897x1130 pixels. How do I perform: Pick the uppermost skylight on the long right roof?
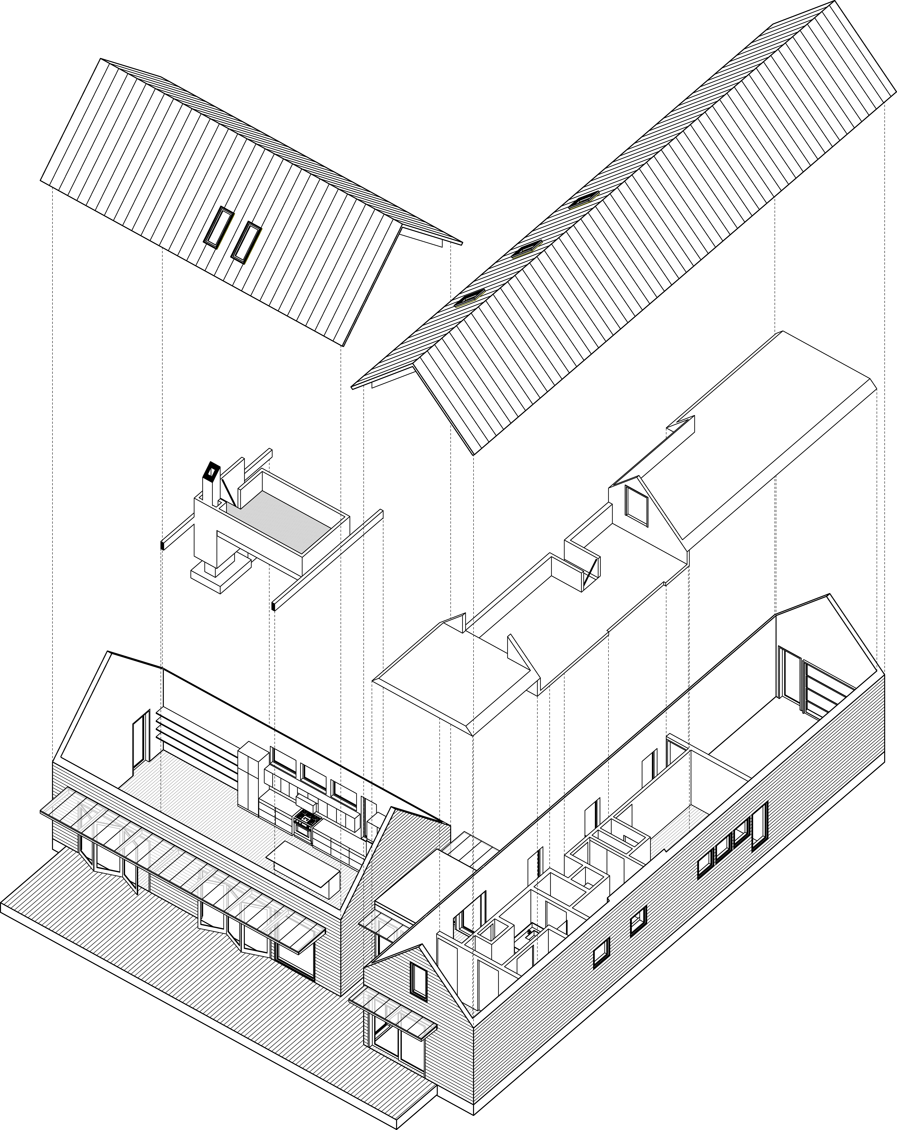tap(583, 201)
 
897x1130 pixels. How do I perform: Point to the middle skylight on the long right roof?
tap(526, 249)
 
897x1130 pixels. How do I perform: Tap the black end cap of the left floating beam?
tap(162, 545)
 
